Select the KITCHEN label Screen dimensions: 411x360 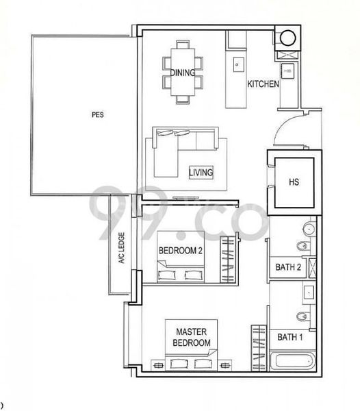[x=263, y=84]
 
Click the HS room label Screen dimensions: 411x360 [x=294, y=182]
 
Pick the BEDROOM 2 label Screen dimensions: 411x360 [x=180, y=251]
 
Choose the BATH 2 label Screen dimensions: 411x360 [x=289, y=267]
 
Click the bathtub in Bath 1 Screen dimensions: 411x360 [x=292, y=361]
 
